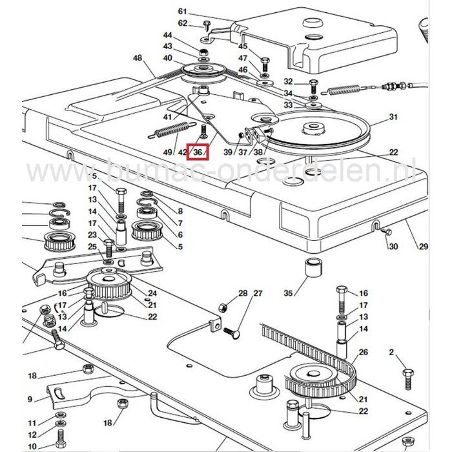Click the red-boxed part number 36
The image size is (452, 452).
(198, 152)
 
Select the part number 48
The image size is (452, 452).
(137, 58)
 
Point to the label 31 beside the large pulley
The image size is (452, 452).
(391, 117)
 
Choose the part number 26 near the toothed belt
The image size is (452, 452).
(364, 352)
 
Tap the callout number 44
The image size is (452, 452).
(168, 35)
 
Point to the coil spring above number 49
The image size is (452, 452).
(174, 129)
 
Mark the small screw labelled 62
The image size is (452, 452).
(207, 25)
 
